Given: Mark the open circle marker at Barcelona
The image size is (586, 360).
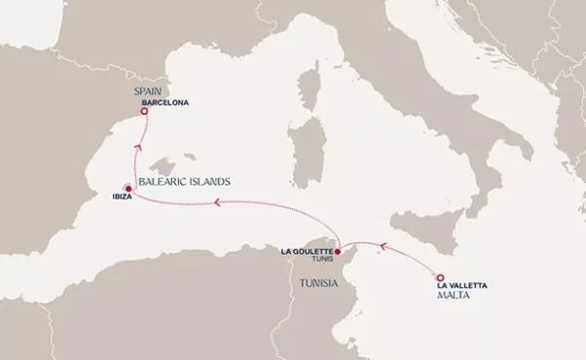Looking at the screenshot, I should pyautogui.click(x=144, y=112).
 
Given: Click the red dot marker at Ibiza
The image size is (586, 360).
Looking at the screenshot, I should pyautogui.click(x=127, y=189).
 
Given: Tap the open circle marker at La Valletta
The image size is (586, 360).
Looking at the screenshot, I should pyautogui.click(x=439, y=275).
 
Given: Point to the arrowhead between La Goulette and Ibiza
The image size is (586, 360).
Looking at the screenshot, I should pyautogui.click(x=217, y=203).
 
